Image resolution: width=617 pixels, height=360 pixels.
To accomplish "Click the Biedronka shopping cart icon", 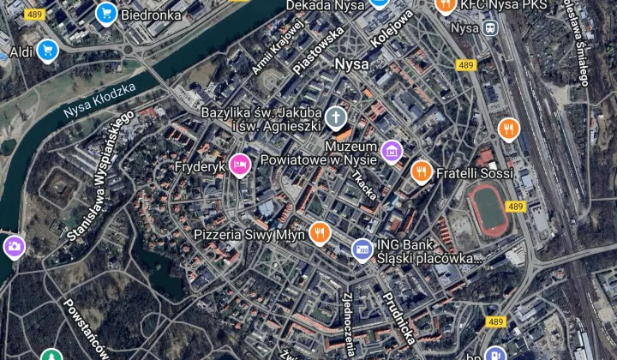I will [106, 13].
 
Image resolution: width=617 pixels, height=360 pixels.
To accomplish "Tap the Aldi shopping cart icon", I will [46, 51].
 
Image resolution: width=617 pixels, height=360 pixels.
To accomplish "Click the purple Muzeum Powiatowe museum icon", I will [392, 153].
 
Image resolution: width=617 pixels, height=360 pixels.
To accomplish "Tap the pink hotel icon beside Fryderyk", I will [239, 165].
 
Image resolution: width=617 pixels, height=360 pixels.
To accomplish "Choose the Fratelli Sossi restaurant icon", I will [421, 172].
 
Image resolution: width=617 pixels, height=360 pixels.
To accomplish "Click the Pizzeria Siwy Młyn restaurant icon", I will [320, 232].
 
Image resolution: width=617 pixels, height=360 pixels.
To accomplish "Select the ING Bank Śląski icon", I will [362, 250].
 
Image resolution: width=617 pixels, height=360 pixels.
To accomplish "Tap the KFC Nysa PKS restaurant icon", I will [445, 5].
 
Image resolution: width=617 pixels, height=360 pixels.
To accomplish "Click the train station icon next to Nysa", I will [489, 27].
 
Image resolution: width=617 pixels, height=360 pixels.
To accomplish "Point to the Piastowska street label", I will [319, 47].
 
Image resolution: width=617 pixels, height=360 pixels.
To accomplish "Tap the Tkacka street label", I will [364, 184].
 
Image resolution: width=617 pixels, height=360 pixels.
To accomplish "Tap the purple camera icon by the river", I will [14, 249].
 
